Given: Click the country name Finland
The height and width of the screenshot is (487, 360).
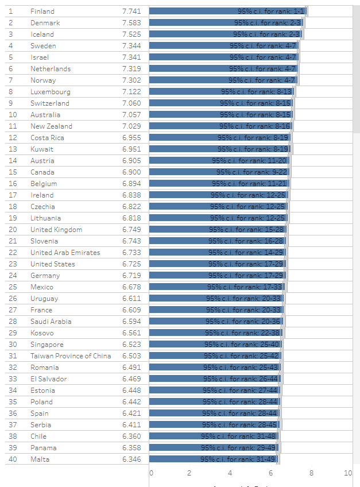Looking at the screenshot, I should tap(42, 11).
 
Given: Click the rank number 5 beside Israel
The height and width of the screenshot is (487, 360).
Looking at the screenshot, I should tap(11, 57).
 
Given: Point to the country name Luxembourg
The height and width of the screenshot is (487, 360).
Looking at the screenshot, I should tap(51, 92).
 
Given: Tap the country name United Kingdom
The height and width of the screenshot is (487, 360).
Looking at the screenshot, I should tap(56, 230).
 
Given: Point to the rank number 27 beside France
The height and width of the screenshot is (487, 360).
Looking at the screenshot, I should tap(13, 310).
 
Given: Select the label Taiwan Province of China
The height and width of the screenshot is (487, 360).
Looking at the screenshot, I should tap(71, 356).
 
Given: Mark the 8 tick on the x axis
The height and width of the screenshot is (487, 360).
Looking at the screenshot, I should tap(311, 473).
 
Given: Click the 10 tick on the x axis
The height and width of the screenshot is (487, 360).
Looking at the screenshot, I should tap(348, 473).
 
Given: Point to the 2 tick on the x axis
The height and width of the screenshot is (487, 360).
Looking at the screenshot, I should tap(189, 473).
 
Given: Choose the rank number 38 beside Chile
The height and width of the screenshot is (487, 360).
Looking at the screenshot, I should tap(13, 436).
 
